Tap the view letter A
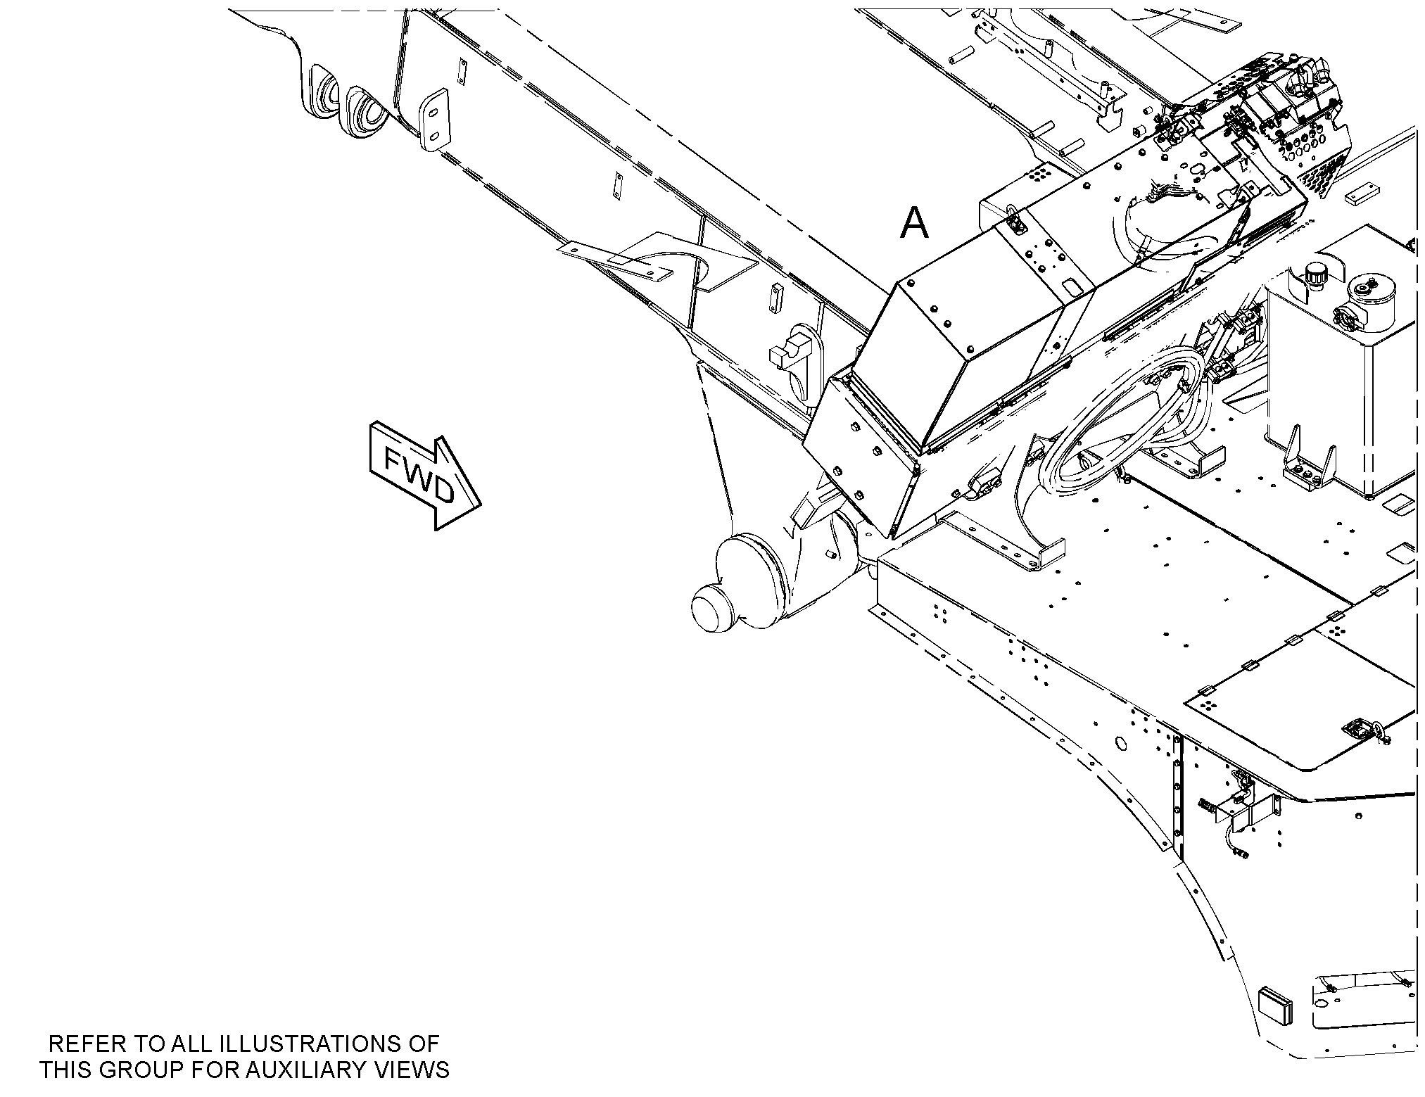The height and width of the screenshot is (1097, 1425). coord(914,224)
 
